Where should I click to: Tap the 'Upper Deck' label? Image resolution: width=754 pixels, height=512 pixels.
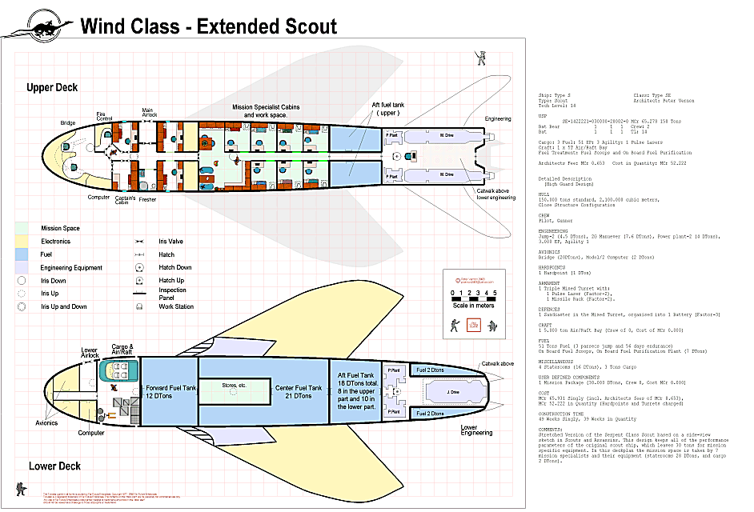[x=52, y=87]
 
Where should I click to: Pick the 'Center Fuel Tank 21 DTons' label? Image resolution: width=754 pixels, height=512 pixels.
[x=299, y=392]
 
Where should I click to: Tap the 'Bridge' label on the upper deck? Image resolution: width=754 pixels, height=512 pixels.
[x=68, y=123]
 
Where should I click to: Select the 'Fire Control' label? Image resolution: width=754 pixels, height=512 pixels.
[x=104, y=116]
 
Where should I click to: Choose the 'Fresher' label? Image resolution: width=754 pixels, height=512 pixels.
[x=148, y=199]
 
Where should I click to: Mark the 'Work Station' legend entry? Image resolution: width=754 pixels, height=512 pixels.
[x=176, y=306]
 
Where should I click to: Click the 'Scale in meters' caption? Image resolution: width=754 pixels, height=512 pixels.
[x=473, y=305]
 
